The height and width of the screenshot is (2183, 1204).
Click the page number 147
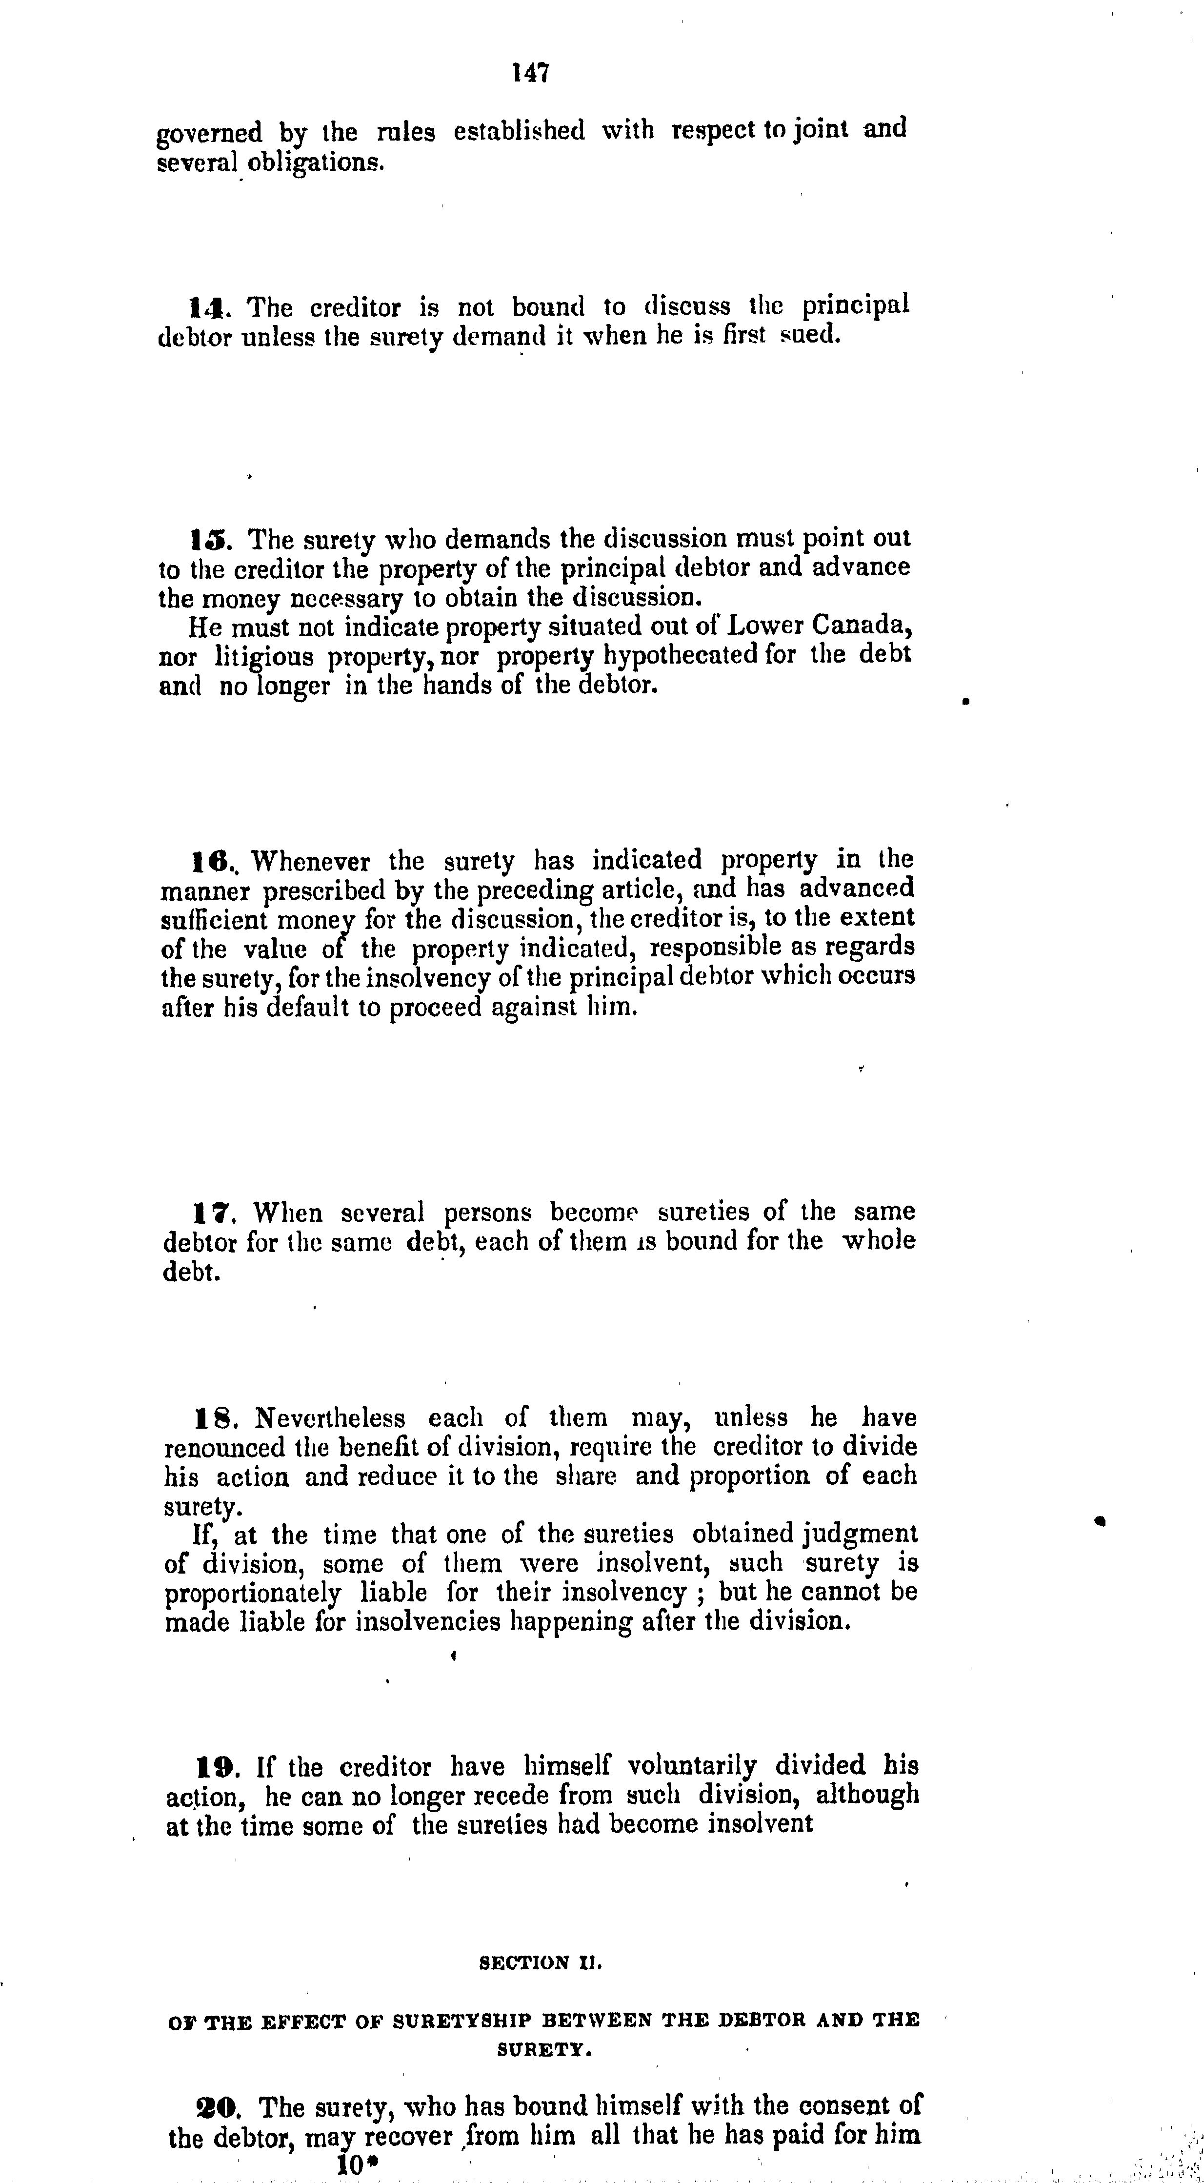pyautogui.click(x=531, y=73)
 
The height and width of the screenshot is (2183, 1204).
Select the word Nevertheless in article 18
pyautogui.click(x=330, y=1418)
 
